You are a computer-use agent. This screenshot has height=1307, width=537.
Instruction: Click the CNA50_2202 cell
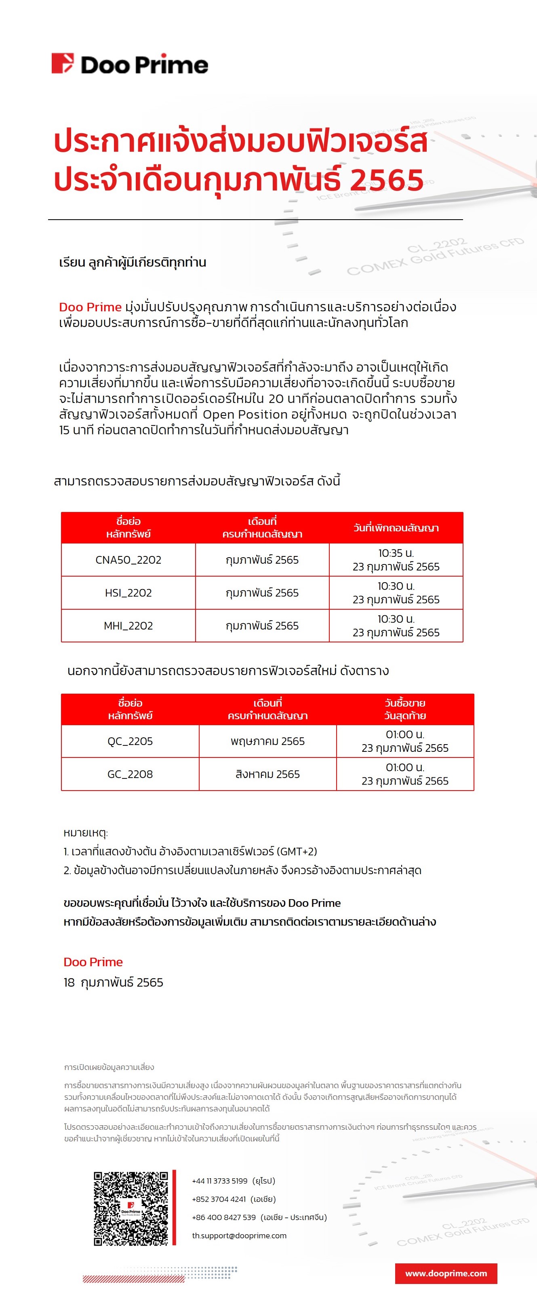[x=128, y=560]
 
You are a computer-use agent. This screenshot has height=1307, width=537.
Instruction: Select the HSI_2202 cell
[x=128, y=593]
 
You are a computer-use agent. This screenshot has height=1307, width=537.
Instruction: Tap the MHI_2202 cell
[x=128, y=625]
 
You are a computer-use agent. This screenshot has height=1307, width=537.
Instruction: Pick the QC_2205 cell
[x=130, y=741]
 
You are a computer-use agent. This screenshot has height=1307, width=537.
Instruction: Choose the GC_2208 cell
[x=130, y=774]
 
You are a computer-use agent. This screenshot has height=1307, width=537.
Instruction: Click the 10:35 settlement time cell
[x=396, y=560]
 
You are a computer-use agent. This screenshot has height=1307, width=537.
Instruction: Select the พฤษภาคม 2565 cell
[x=267, y=741]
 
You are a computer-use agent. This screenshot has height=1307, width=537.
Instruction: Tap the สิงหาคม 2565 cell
[x=267, y=774]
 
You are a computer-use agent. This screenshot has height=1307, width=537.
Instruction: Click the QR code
[x=131, y=1208]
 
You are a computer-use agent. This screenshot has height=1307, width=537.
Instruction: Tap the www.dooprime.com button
[x=446, y=1273]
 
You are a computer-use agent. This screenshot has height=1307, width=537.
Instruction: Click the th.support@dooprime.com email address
[x=239, y=1236]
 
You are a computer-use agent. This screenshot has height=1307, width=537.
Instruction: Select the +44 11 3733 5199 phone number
[x=220, y=1181]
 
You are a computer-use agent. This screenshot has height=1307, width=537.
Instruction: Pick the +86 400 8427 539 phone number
[x=224, y=1217]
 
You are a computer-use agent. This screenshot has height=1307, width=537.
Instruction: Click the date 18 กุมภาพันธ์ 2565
[x=113, y=982]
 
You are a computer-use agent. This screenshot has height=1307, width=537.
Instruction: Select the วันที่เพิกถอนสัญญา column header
[x=396, y=528]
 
